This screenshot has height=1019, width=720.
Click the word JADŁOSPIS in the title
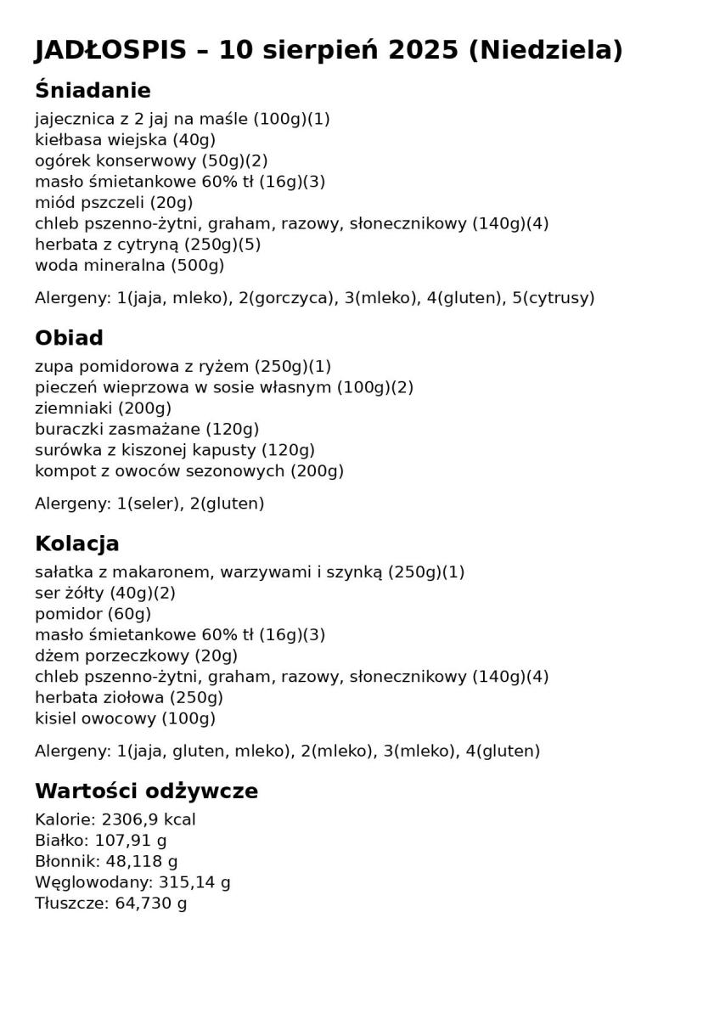110,51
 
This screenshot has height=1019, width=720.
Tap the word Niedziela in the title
545,51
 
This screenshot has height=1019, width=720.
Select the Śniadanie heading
93,91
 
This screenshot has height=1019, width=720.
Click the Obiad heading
69,338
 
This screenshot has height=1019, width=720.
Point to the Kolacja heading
76,543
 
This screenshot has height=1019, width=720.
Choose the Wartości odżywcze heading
146,791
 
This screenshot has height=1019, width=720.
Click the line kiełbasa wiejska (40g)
125,140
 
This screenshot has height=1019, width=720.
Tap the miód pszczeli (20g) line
114,203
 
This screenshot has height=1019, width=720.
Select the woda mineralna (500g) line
129,266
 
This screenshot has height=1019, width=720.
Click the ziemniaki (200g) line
103,408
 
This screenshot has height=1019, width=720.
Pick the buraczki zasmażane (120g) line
147,430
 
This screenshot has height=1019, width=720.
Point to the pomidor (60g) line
93,614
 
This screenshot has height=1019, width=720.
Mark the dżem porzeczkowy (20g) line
136,656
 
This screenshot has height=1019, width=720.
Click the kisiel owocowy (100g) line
125,718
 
